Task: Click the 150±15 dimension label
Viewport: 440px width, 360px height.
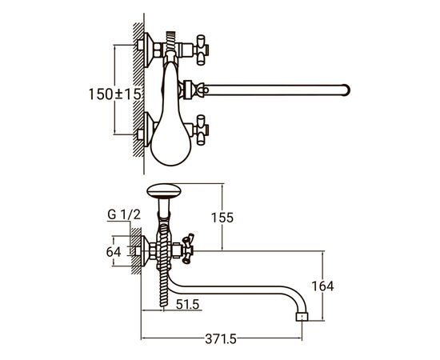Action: tap(114, 94)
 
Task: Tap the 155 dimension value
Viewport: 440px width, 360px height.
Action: tap(222, 218)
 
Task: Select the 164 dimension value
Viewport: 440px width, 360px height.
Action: tap(322, 286)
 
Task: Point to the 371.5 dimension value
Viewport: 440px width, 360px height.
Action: tap(221, 339)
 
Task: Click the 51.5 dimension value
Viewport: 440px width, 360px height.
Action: tap(187, 304)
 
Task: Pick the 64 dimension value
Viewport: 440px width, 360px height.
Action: tap(114, 252)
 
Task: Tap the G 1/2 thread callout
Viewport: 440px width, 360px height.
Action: tap(124, 215)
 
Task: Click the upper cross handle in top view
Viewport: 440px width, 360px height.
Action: tap(202, 50)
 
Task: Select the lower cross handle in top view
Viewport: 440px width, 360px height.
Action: tap(202, 130)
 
